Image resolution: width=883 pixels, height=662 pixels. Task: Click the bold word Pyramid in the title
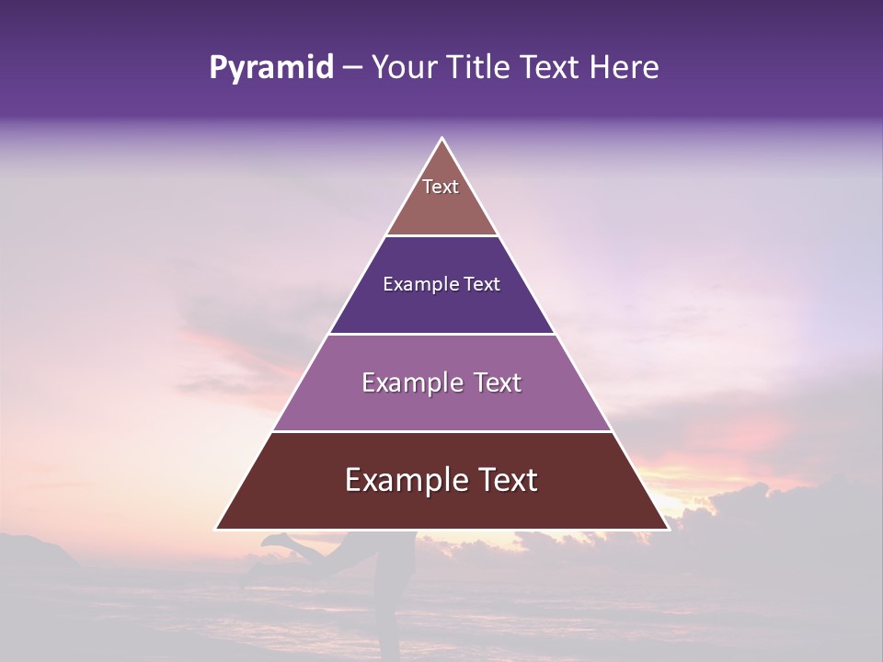[x=270, y=68]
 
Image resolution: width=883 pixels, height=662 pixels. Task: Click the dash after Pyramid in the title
[x=352, y=68]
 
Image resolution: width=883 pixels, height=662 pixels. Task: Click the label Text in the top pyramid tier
[x=441, y=187]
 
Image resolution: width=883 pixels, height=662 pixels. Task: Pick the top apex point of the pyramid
[x=442, y=138]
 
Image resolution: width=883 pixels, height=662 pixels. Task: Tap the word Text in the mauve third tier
[x=497, y=382]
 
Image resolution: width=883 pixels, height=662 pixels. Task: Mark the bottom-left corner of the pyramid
[x=216, y=529]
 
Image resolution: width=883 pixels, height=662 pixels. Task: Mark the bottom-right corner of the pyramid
[x=669, y=529]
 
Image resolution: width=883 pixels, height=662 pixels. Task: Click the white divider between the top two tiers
[x=441, y=236]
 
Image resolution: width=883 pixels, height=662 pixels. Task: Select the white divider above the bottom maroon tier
[x=441, y=431]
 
